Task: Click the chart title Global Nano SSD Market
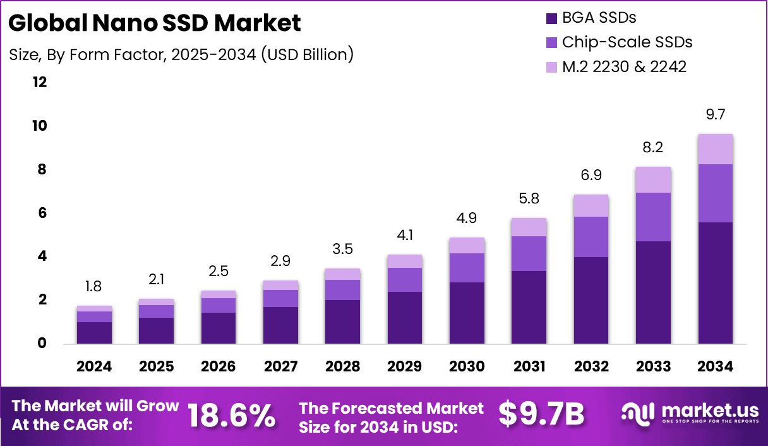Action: pyautogui.click(x=155, y=23)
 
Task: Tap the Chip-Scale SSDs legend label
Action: pyautogui.click(x=627, y=42)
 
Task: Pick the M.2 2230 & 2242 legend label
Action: pyautogui.click(x=624, y=66)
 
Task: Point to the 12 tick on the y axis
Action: pyautogui.click(x=39, y=83)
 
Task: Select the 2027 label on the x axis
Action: pyautogui.click(x=280, y=367)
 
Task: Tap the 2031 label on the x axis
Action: pyautogui.click(x=529, y=367)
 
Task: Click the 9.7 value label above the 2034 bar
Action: pyautogui.click(x=715, y=114)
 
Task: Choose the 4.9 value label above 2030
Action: pyautogui.click(x=467, y=219)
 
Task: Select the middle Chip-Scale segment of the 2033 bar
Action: pyautogui.click(x=653, y=217)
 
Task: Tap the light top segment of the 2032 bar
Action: pyautogui.click(x=591, y=205)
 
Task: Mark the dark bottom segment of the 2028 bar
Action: pyautogui.click(x=342, y=322)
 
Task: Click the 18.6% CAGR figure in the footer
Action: pyautogui.click(x=231, y=415)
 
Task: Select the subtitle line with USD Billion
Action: pyautogui.click(x=181, y=55)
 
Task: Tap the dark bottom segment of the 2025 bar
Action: pyautogui.click(x=157, y=330)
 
